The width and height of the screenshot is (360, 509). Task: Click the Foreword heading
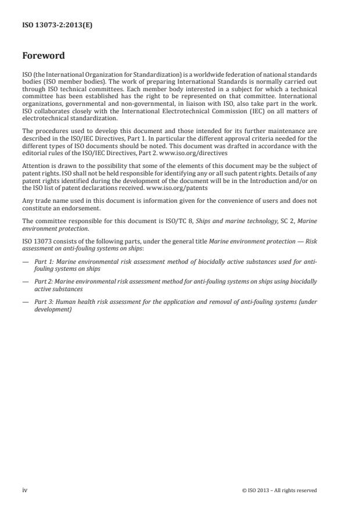click(43, 56)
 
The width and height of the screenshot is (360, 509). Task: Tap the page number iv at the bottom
click(25, 490)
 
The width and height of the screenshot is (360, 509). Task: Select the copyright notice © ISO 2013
click(279, 490)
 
